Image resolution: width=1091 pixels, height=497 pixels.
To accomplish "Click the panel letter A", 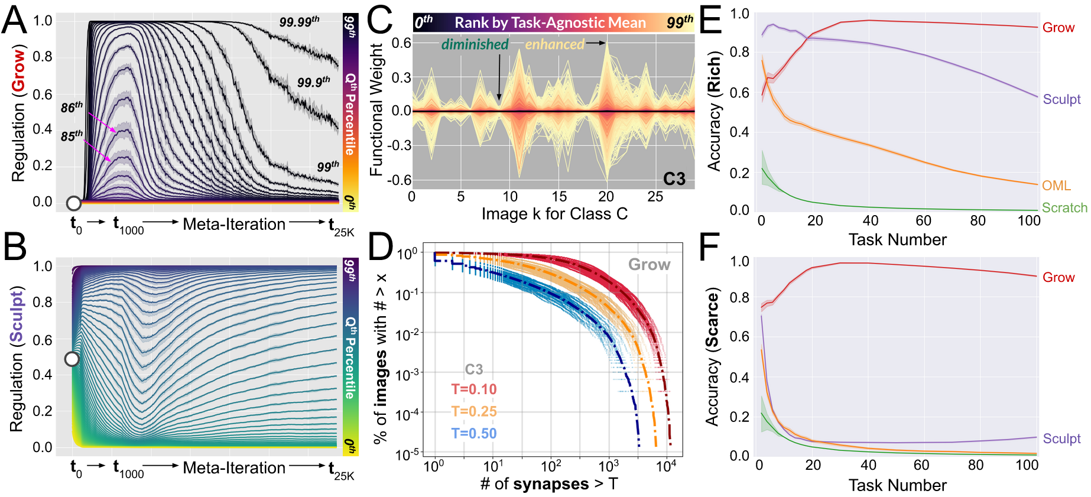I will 14,21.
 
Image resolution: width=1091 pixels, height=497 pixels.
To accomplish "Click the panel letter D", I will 381,248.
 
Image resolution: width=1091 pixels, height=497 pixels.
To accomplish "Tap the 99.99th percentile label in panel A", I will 299,22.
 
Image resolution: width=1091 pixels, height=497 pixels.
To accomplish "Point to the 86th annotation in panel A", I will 72,107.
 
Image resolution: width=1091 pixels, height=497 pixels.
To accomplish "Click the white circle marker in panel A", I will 74,203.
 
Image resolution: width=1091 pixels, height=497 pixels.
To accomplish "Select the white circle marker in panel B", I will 72,359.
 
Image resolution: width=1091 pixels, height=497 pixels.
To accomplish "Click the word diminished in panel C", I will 475,44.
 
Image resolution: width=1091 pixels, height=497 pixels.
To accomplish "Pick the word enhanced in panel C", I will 554,44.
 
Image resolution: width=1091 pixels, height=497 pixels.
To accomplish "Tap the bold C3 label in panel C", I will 674,178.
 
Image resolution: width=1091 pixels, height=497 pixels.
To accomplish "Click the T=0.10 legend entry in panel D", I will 474,389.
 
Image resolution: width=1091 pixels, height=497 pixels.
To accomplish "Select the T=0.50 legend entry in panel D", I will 474,434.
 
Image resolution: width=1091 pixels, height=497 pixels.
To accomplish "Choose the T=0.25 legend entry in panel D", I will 474,411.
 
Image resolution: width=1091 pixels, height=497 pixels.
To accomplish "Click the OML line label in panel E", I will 1056,186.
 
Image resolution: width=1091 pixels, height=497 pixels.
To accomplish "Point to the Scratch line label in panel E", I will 1064,208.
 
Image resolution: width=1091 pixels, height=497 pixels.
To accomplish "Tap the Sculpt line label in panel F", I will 1061,438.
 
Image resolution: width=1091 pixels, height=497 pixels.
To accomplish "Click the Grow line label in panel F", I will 1058,278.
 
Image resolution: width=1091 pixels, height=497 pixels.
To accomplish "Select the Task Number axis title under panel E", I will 897,239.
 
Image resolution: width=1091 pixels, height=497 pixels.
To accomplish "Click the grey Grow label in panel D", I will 649,264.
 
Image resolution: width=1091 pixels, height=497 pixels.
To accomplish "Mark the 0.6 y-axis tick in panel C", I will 401,43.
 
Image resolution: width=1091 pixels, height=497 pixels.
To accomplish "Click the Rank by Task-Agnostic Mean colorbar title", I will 550,23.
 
